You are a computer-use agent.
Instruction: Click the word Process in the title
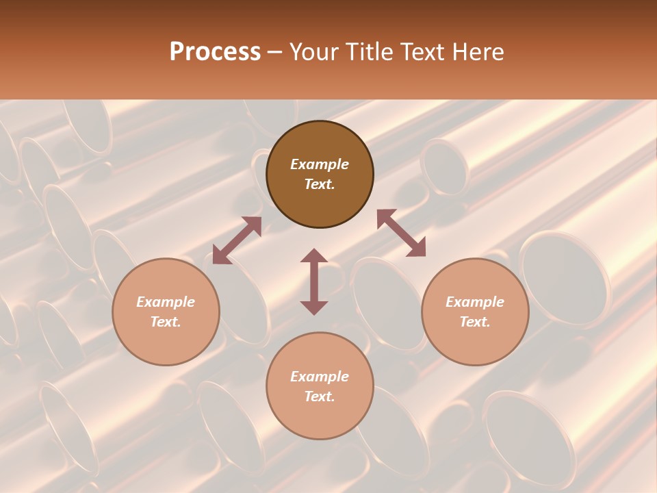coord(215,52)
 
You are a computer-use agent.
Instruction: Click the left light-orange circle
coord(166,312)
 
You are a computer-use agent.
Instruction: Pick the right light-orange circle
coord(475,312)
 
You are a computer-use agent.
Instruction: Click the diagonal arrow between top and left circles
coord(237,240)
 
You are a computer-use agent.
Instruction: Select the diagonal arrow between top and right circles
coord(401,233)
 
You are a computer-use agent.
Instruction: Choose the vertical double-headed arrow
coord(314,281)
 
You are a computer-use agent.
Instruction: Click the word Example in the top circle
coord(320,164)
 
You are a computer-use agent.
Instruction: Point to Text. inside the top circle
coord(320,184)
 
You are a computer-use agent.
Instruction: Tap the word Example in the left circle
coord(166,302)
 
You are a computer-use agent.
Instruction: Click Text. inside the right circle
coord(475,322)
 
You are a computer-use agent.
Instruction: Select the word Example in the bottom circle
coord(320,377)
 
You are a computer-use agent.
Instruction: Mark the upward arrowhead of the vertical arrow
coord(314,255)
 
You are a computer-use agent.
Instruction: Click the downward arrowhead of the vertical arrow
coord(314,307)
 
